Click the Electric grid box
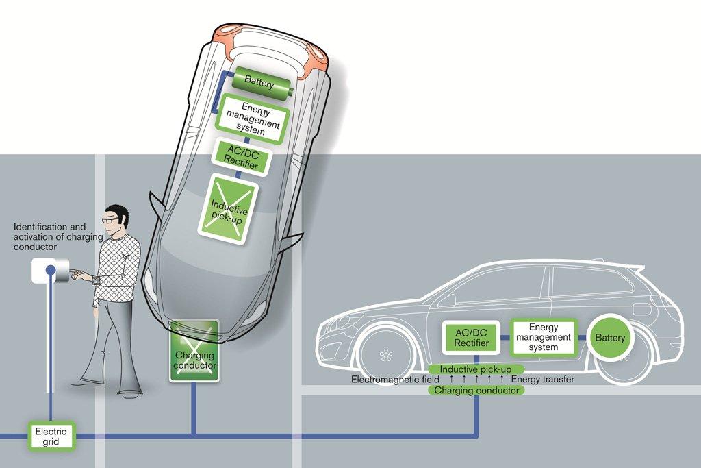[51, 436]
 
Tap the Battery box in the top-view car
[259, 84]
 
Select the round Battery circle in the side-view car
[610, 338]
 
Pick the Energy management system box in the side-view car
[544, 337]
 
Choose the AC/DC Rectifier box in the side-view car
[472, 337]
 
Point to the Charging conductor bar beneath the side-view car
[476, 391]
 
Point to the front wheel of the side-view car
[387, 356]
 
